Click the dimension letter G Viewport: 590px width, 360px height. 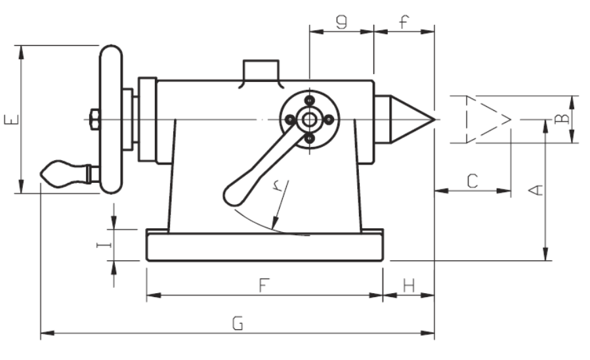pyautogui.click(x=238, y=323)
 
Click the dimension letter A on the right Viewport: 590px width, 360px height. pyautogui.click(x=536, y=190)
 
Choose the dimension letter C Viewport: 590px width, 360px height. pyautogui.click(x=472, y=181)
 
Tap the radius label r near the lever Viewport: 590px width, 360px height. pyautogui.click(x=278, y=187)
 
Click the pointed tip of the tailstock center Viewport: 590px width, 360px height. pyautogui.click(x=432, y=119)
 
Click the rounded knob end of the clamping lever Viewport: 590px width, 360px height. pyautogui.click(x=232, y=195)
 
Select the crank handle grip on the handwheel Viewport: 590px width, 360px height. pyautogui.click(x=62, y=173)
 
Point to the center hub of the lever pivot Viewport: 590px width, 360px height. pyautogui.click(x=307, y=119)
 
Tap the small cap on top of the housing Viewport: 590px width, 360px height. pyautogui.click(x=261, y=70)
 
